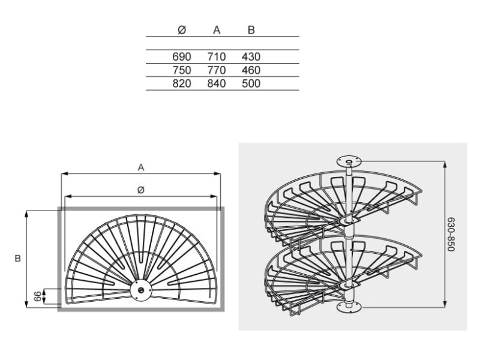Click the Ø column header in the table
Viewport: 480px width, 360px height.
(182, 30)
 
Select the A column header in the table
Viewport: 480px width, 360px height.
(217, 30)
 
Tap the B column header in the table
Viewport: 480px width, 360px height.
(251, 30)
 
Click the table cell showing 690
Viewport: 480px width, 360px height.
(182, 56)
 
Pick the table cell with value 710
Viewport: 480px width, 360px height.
(217, 56)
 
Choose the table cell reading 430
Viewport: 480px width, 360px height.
(251, 56)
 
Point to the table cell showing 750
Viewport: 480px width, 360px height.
(182, 70)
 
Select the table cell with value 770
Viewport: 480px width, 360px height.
(217, 70)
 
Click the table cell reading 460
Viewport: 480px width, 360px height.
(251, 70)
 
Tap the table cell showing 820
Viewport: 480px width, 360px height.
(182, 83)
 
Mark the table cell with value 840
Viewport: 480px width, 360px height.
(217, 83)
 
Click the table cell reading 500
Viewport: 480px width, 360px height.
(251, 83)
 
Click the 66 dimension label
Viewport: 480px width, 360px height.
(37, 296)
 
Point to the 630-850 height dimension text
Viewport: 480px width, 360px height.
(451, 234)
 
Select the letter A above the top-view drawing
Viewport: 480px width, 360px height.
(141, 167)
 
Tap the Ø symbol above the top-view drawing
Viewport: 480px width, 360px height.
(141, 190)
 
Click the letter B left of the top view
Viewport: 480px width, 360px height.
(18, 259)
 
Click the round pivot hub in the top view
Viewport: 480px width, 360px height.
(141, 290)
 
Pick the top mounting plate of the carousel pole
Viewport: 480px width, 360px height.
(349, 161)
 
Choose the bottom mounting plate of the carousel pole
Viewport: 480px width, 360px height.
(349, 307)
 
